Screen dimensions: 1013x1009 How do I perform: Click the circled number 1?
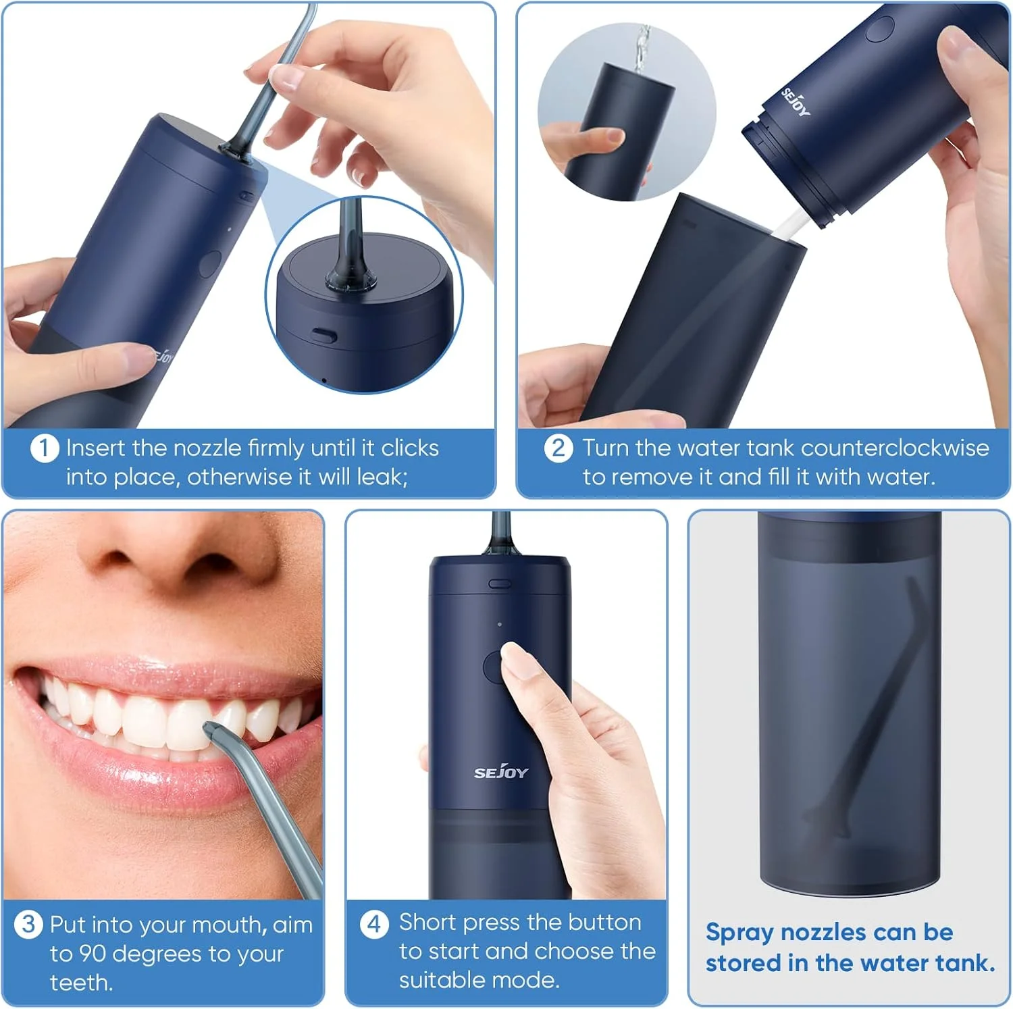click(x=45, y=448)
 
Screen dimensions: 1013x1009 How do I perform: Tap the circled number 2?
click(x=559, y=448)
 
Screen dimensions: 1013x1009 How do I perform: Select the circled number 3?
click(x=28, y=924)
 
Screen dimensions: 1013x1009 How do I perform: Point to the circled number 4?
click(x=374, y=923)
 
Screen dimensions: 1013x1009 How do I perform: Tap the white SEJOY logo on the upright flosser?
click(x=500, y=772)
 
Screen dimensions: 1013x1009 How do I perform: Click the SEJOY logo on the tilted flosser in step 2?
click(x=796, y=102)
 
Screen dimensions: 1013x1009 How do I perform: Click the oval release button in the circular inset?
click(x=324, y=334)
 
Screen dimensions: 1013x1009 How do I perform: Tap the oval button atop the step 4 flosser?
click(x=500, y=583)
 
